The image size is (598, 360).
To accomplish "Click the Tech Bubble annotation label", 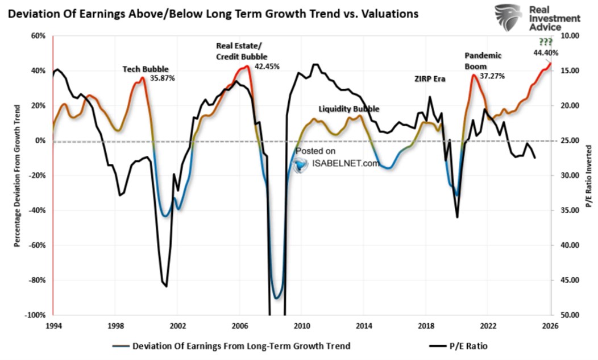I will [x=138, y=68].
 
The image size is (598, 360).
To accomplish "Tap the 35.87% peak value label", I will [x=162, y=78].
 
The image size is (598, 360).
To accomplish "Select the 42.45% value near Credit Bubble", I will [x=267, y=65].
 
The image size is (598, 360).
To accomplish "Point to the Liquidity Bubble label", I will [x=348, y=109].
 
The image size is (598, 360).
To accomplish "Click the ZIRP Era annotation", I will [x=429, y=79].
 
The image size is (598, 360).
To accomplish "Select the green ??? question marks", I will [x=545, y=42].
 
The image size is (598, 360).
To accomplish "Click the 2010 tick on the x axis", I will [x=301, y=326].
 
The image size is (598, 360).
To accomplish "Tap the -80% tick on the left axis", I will [x=37, y=280].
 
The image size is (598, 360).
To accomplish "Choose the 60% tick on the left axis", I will [x=39, y=36].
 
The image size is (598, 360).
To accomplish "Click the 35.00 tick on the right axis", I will [x=569, y=210].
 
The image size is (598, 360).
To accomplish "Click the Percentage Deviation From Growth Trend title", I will [x=17, y=175].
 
